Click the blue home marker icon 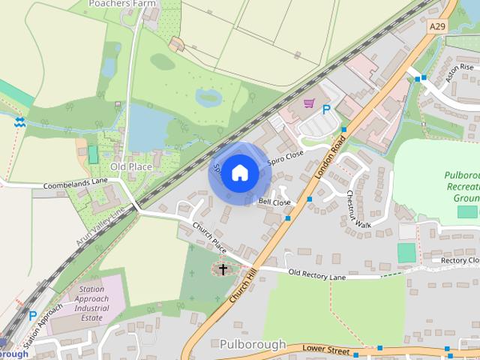[239, 173]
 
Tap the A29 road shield [437, 26]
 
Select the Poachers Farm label [120, 4]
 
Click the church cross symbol [223, 268]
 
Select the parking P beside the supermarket [326, 109]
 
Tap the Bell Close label [274, 202]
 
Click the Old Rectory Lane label [317, 275]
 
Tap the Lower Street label [327, 349]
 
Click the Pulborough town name [253, 344]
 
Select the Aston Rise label [460, 73]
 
